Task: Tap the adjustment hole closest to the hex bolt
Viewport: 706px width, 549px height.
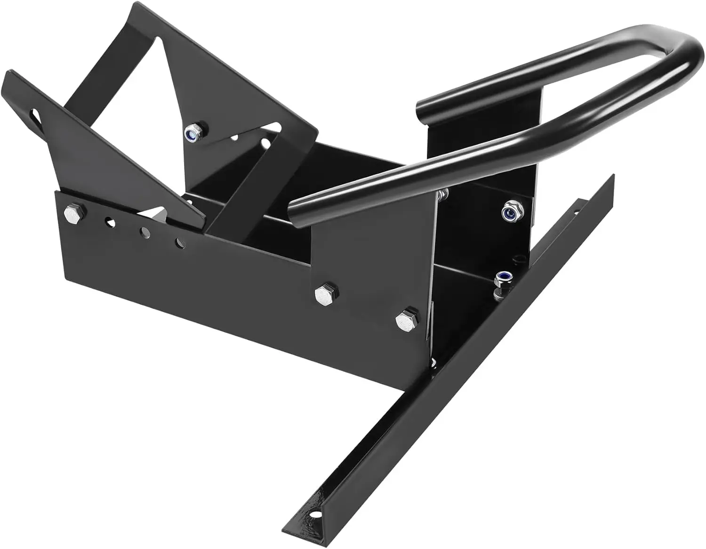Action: (109, 220)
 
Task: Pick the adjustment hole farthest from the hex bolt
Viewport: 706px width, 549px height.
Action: (179, 243)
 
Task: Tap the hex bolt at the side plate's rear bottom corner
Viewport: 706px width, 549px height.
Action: (406, 321)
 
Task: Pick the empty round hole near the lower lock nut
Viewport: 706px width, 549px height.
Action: (518, 258)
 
